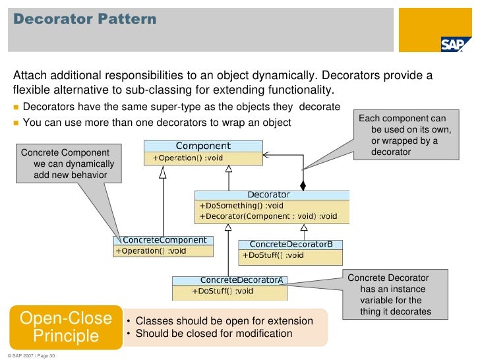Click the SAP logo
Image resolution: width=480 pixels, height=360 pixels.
[454, 44]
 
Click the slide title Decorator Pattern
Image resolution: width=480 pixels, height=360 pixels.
[85, 19]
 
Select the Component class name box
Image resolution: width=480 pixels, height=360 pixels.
[203, 146]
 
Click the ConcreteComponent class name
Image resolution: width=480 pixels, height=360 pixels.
[165, 241]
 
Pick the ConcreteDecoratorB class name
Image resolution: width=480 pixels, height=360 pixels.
[289, 245]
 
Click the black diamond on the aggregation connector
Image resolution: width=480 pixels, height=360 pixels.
[303, 184]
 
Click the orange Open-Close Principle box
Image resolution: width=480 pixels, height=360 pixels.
[65, 327]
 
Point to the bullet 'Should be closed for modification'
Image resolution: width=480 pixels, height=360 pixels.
[214, 334]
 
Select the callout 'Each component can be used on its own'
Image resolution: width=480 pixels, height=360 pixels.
[407, 135]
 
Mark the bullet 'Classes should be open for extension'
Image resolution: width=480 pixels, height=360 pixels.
[224, 321]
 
